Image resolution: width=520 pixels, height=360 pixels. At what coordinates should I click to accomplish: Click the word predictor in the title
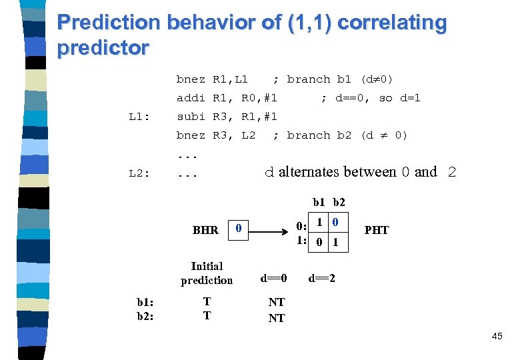click(x=103, y=49)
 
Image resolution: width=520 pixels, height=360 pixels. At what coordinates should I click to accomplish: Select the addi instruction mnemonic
click(x=191, y=98)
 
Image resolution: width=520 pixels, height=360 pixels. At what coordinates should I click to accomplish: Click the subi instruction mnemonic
click(x=191, y=117)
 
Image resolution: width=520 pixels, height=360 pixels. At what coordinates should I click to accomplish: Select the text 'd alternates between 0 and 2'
click(x=360, y=172)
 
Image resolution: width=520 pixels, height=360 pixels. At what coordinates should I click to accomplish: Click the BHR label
click(x=205, y=230)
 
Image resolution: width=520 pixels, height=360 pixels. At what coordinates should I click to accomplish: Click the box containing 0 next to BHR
click(x=239, y=229)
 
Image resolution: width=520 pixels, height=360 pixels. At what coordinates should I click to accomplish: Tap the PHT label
click(x=377, y=230)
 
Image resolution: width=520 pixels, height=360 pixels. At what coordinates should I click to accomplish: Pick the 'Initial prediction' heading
click(x=207, y=273)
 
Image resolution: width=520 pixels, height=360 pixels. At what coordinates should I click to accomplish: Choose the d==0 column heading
click(x=273, y=277)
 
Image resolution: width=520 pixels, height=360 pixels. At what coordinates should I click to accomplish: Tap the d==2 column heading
click(x=321, y=277)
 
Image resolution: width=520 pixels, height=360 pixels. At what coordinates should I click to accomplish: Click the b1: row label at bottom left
click(x=145, y=301)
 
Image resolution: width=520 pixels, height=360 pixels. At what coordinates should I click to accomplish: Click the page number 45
click(x=497, y=337)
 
